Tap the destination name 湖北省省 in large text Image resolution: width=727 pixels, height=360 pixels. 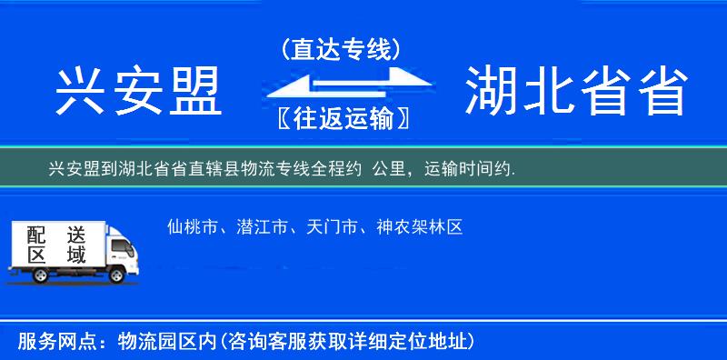coord(575,92)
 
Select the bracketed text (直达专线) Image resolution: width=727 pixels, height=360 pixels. coord(342,49)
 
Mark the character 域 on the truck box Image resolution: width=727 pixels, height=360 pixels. coord(75,255)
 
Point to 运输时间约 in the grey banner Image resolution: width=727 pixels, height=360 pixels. coord(472,168)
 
